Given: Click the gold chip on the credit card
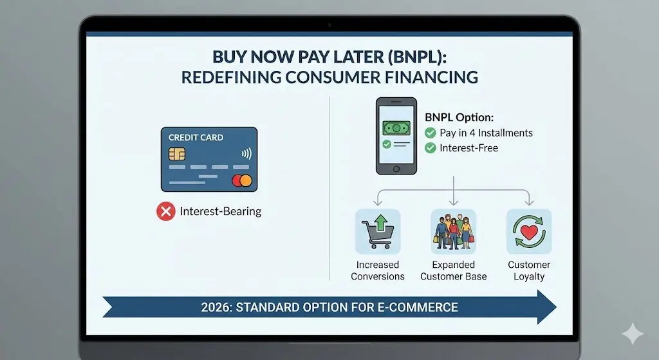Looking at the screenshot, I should point(177,154).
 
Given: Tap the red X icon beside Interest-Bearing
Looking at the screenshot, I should point(166,211).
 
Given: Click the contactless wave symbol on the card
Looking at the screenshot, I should point(245,154).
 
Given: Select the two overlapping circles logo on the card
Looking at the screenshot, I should point(242,180).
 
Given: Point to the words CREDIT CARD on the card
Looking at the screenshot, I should point(196,137).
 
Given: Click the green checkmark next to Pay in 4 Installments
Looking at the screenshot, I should point(431,133).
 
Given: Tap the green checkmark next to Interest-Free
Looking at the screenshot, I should point(431,148).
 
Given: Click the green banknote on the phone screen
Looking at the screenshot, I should point(396,128).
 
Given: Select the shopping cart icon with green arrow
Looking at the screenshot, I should point(377,231).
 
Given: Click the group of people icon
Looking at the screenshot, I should point(453,231).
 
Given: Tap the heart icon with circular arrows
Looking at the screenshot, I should point(528,231).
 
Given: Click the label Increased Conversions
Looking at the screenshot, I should point(378,270).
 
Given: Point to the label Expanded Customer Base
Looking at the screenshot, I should point(454,270).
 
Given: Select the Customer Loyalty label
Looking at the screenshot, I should point(529,270).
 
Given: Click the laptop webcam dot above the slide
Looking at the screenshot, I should point(329,24).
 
